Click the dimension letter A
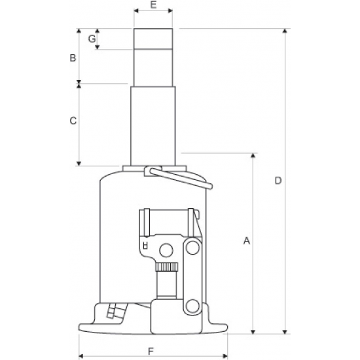pos(247,241)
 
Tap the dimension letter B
pos(73,58)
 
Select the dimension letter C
pos(73,120)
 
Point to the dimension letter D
pos(278,181)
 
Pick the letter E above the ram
pos(153,5)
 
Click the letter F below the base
pos(151,351)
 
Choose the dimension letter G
pos(92,39)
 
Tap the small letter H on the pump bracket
pos(145,245)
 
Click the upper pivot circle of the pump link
pos(192,247)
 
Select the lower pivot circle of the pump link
pos(192,306)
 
